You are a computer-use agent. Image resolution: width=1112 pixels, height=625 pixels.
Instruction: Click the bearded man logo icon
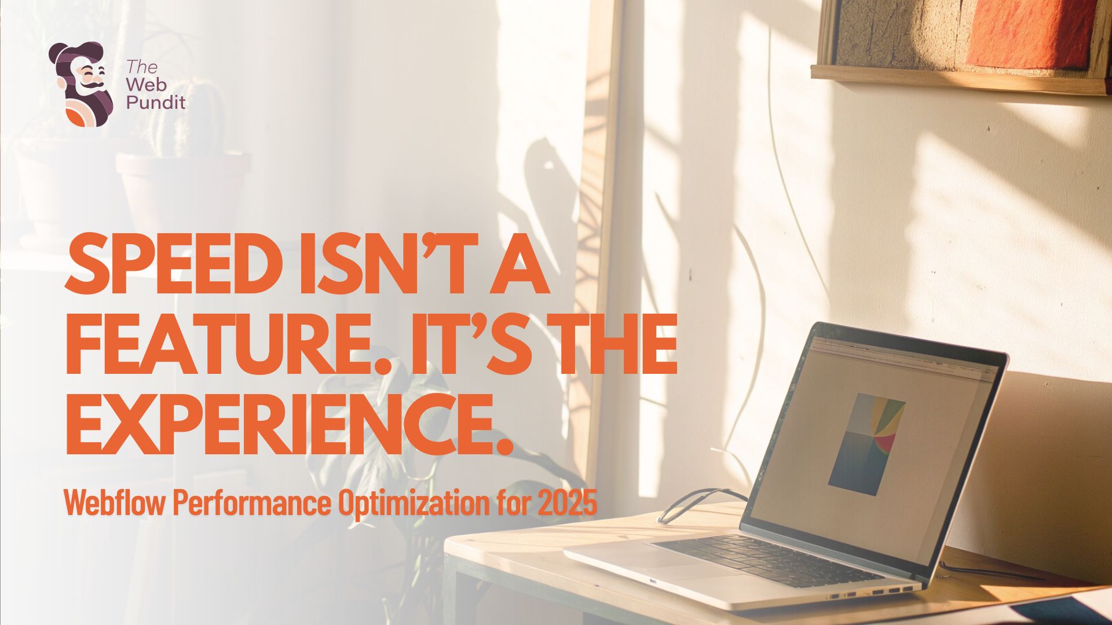pyautogui.click(x=82, y=84)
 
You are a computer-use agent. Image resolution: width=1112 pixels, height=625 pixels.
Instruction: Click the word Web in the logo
pyautogui.click(x=147, y=85)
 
